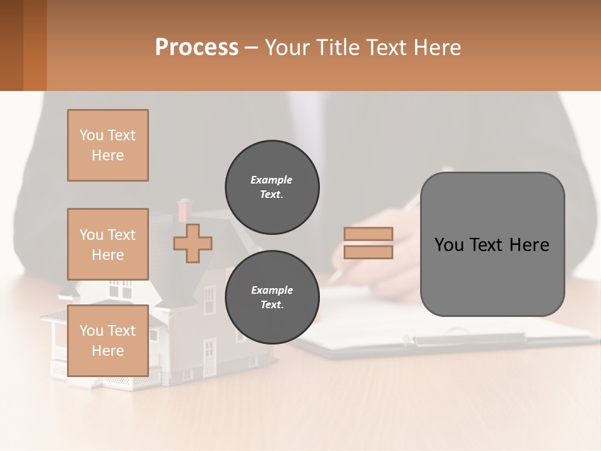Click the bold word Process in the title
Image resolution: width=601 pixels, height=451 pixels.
197,48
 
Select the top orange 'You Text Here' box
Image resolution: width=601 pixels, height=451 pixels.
108,145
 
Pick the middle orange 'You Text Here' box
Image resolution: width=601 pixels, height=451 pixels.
108,244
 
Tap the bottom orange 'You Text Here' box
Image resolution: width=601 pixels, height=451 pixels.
108,340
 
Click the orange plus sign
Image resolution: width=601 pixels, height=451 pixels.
193,243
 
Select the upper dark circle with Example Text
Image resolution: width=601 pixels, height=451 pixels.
272,187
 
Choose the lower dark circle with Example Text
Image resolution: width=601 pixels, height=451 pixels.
272,298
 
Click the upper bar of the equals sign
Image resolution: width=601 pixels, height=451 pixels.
369,234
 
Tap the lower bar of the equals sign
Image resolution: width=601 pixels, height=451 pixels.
369,252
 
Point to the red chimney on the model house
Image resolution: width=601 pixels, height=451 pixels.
184,208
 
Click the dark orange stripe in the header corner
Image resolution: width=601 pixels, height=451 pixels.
34,45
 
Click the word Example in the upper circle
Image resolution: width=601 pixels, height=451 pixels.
271,180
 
